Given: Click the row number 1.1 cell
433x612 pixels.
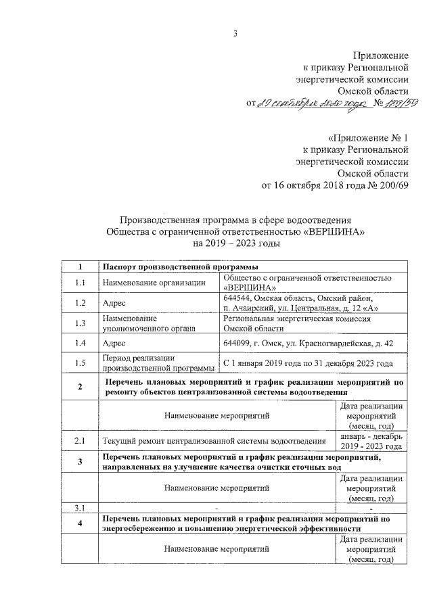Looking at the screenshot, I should tap(80, 283).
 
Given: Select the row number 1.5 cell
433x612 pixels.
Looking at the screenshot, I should tap(80, 363).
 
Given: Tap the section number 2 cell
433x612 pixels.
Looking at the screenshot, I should tap(80, 387).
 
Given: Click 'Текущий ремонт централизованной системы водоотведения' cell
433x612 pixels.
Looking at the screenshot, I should tap(214, 442).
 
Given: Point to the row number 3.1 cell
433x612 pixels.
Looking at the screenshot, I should tap(80, 507).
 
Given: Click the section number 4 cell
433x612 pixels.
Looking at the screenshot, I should tap(80, 524).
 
